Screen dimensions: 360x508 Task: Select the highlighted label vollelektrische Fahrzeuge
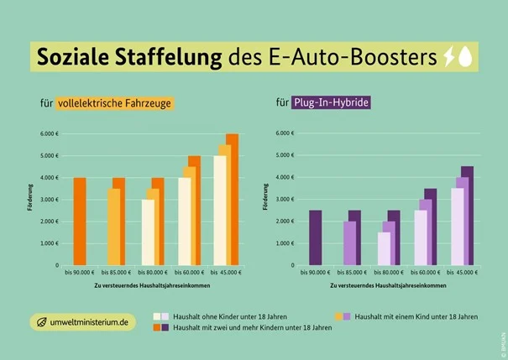[115, 104]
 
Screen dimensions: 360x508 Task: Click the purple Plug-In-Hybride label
[331, 104]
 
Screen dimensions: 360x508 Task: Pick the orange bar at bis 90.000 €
[80, 222]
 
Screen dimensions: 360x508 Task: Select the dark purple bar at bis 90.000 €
[315, 237]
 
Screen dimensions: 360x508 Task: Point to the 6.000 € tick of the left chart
[49, 133]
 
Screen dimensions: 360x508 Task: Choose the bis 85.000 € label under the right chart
[351, 273]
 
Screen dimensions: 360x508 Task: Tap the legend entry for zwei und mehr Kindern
[252, 328]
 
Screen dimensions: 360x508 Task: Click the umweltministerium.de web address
[91, 321]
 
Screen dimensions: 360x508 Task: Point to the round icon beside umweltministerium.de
[40, 321]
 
